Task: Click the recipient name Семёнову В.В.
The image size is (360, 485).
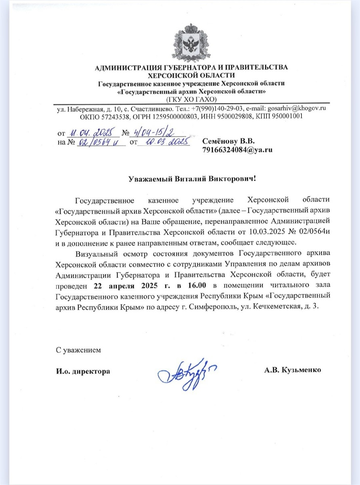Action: pos(229,141)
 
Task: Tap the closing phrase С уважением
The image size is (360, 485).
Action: pos(78,350)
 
